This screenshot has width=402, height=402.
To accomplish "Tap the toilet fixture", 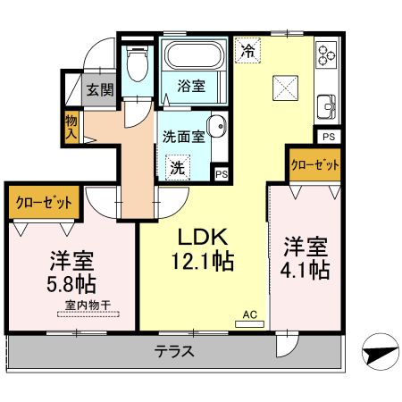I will (x=137, y=66).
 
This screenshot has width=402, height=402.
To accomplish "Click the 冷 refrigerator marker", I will (x=247, y=51).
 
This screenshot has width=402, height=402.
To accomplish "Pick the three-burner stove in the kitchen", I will (x=326, y=56).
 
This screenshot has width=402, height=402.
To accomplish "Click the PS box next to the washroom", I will (x=220, y=173).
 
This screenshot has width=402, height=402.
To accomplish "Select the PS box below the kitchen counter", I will (x=328, y=137).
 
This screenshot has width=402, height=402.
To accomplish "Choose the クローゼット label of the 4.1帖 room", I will (x=314, y=166).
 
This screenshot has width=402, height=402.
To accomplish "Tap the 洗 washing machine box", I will (x=178, y=166).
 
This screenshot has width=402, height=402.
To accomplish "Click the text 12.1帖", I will (x=205, y=263).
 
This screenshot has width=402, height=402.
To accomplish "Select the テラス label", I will (x=174, y=350).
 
